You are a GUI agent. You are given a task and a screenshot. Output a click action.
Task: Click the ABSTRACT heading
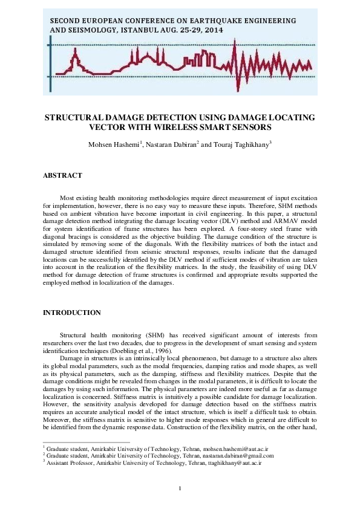pos(62,175)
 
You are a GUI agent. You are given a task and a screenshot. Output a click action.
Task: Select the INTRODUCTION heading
pos(71,313)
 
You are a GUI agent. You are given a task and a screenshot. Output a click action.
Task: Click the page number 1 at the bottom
pos(180,488)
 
